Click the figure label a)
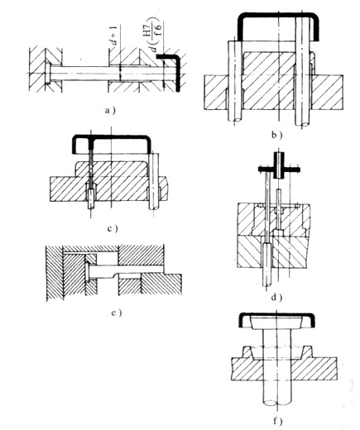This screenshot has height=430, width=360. pos(110,111)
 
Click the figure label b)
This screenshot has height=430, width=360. pos(276,135)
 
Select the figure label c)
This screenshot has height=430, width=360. pos(113,228)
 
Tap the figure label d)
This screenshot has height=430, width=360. pos(276,297)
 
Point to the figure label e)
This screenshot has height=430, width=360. pos(116,313)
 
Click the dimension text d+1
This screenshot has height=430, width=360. pos(114,35)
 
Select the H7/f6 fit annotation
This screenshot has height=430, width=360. pos(156,35)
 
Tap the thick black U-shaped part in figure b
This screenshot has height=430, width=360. pos(279,15)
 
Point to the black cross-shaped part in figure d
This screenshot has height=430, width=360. pos(279,169)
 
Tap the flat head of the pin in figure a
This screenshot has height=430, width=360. pos(48,74)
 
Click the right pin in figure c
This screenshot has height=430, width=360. pos(154,181)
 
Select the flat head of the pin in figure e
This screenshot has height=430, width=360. pos(87,272)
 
